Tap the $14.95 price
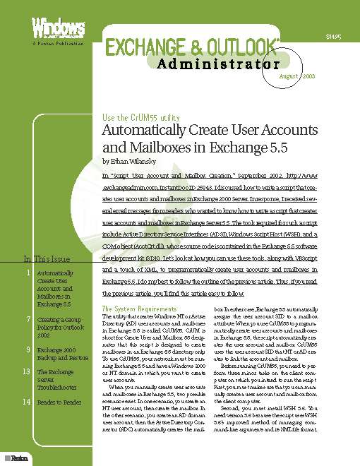[333, 36]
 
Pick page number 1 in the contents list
[27, 273]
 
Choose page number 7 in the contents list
[27, 320]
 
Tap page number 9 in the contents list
[27, 349]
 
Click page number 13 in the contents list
[26, 371]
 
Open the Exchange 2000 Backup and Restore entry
[61, 354]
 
